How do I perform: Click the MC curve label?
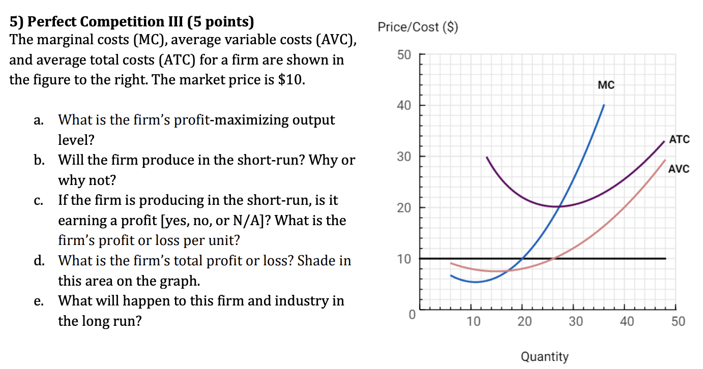tap(606, 85)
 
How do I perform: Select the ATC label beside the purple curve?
tap(679, 139)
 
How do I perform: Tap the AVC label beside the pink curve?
tap(679, 169)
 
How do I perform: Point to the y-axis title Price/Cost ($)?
tap(418, 27)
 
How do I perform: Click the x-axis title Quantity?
tap(544, 357)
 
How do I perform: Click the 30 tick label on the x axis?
tap(575, 322)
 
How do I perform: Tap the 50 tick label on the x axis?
tap(678, 322)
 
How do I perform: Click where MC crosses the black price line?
tap(522, 259)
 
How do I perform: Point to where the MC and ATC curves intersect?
tap(560, 206)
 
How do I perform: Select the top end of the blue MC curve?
tap(604, 105)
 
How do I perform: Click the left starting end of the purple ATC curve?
tap(487, 158)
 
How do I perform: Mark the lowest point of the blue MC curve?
tap(475, 282)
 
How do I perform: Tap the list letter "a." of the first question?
tap(38, 120)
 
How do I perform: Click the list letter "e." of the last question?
tap(38, 301)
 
